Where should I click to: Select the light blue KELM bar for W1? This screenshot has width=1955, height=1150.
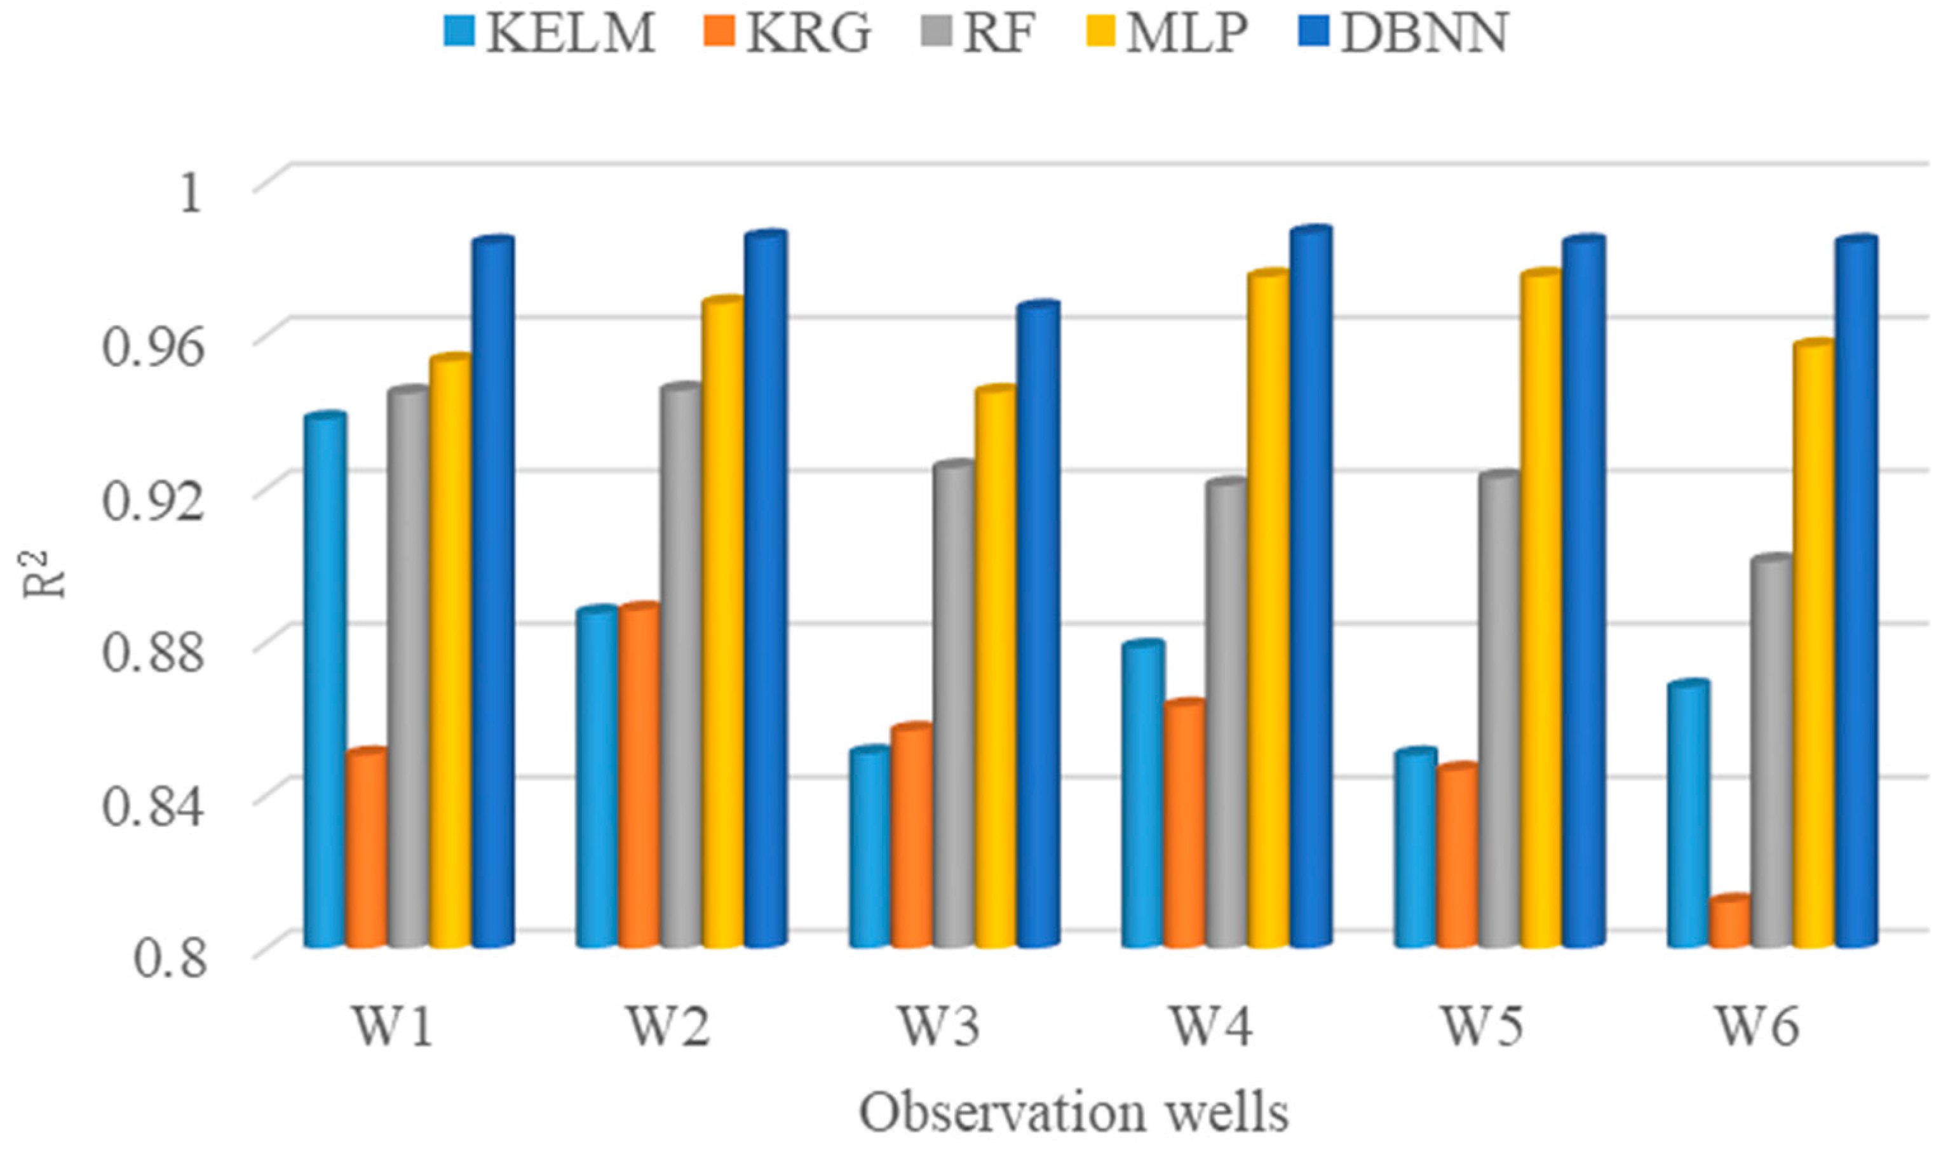[x=326, y=683]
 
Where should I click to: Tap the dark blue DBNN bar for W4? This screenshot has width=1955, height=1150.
[x=1311, y=589]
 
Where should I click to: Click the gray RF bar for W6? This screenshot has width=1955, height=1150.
[x=1772, y=752]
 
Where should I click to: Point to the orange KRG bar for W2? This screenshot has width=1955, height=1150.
[x=639, y=775]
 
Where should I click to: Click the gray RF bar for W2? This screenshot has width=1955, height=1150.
[x=681, y=667]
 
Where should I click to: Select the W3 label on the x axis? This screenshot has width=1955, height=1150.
[x=938, y=1027]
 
